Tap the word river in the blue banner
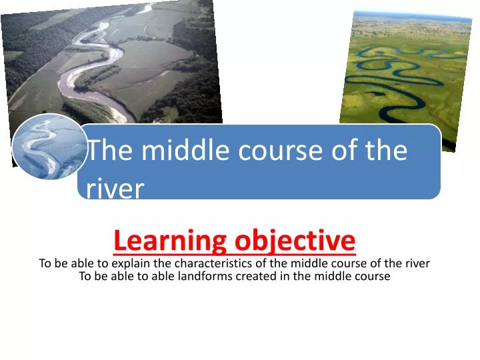coord(115,189)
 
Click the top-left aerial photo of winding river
coord(113,60)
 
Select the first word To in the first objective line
coord(45,263)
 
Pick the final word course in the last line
coord(373,277)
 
